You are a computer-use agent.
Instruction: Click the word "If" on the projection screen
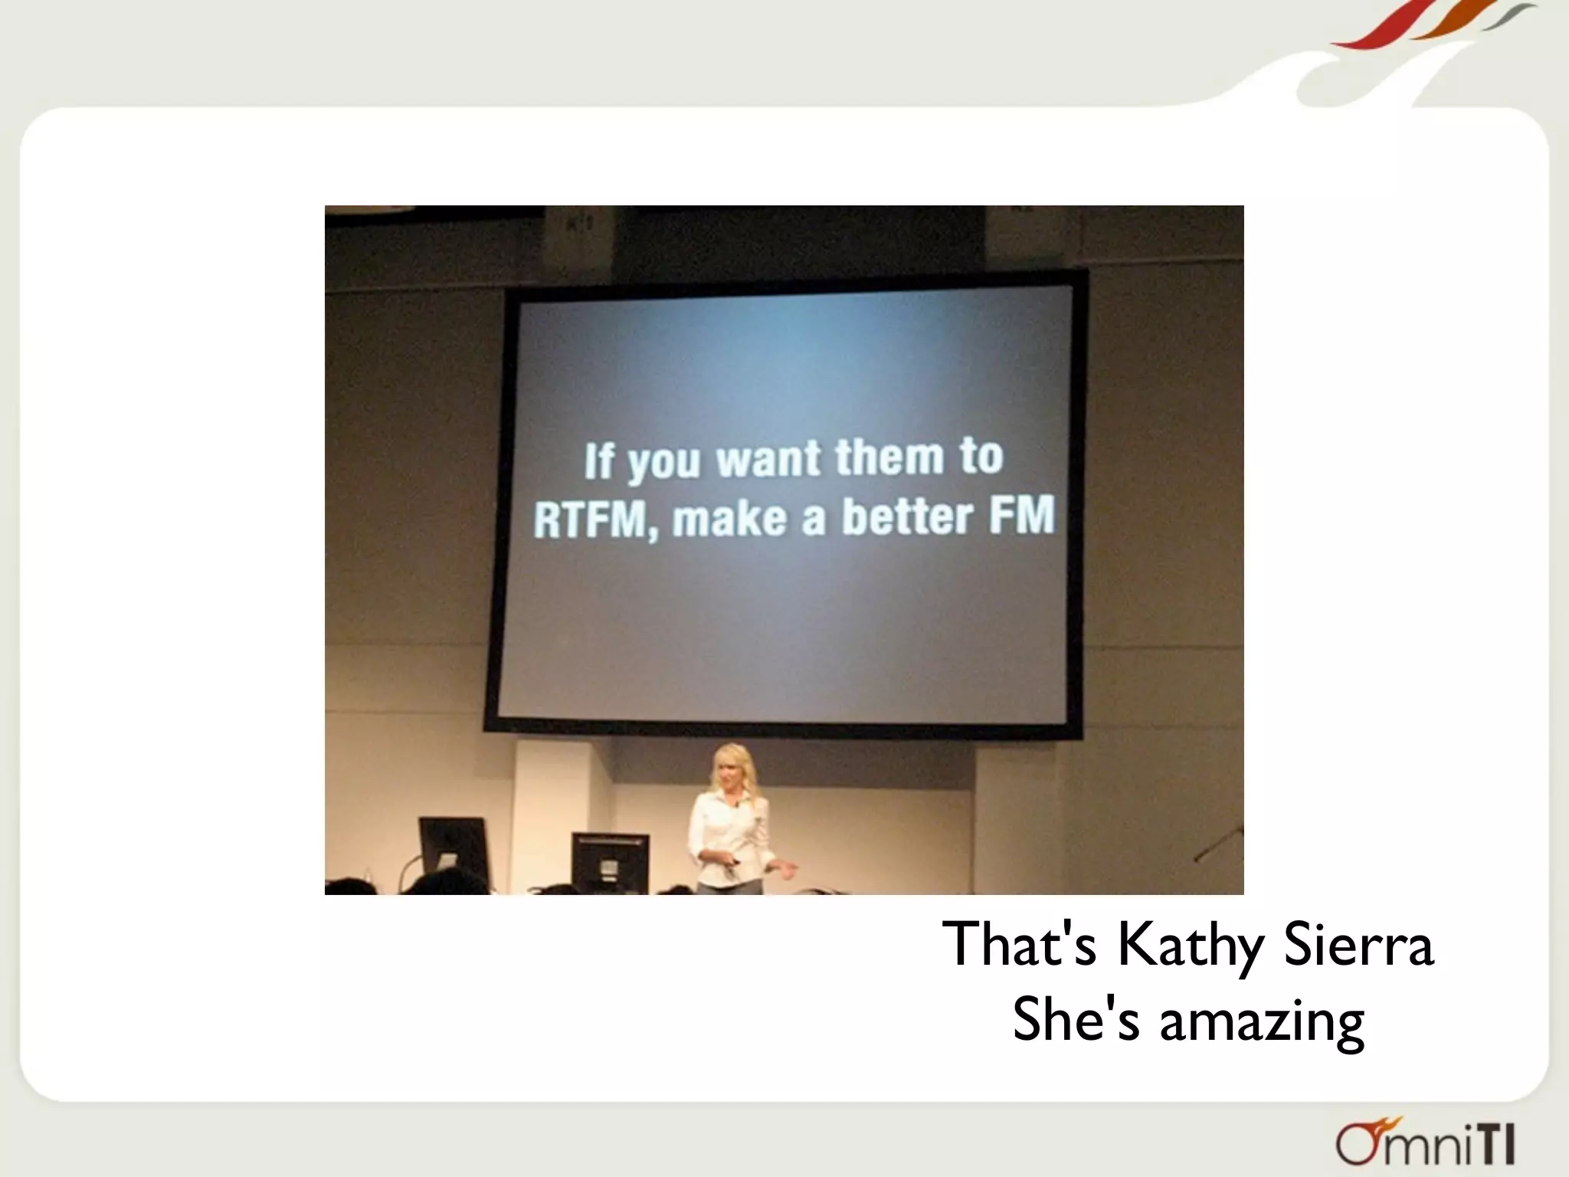(599, 461)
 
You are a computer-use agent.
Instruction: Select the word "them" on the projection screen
(889, 458)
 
